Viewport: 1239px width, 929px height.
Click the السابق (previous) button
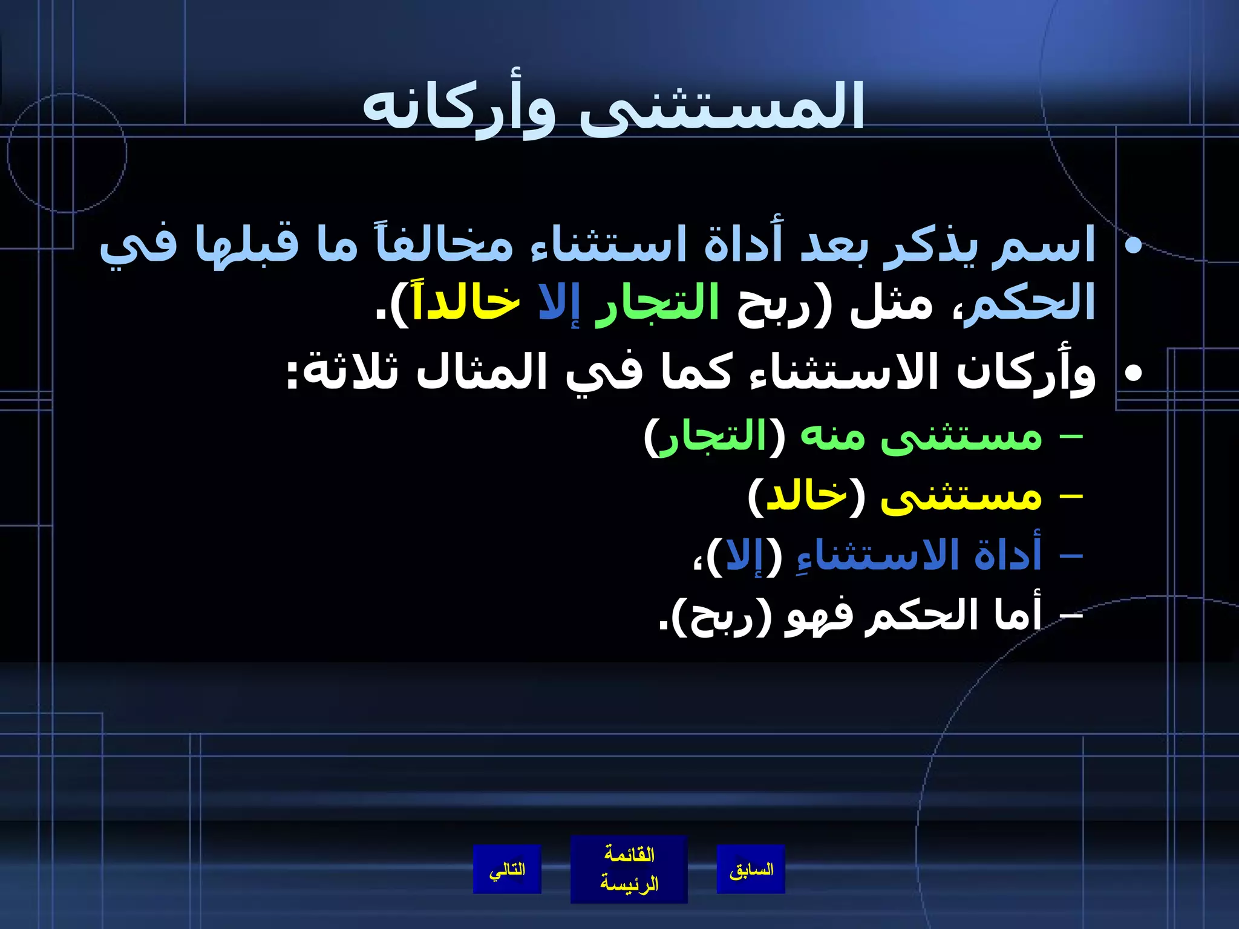click(x=751, y=870)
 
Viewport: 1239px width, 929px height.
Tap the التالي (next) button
click(x=507, y=870)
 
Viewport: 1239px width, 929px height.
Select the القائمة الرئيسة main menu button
click(x=629, y=870)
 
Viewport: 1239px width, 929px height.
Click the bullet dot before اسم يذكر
click(x=1132, y=245)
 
